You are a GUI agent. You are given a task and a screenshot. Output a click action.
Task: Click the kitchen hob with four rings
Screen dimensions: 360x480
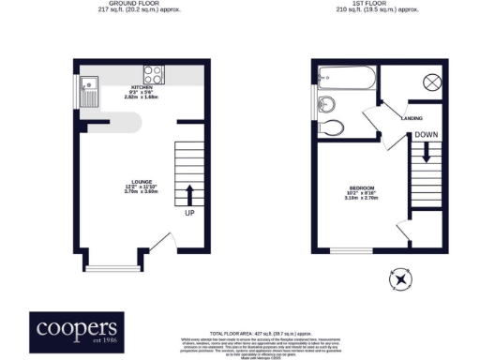click(x=154, y=75)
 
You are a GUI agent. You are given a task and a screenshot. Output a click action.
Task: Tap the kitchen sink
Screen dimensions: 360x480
click(x=89, y=90)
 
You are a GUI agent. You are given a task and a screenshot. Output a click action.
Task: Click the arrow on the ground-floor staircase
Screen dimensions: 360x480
click(x=190, y=194)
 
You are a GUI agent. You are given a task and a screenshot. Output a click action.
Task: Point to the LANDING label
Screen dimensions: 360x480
click(x=410, y=118)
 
